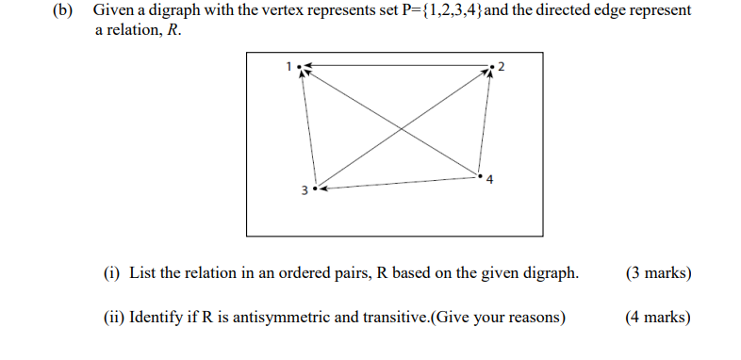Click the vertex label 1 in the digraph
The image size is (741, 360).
click(290, 64)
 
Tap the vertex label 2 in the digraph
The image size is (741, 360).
click(502, 66)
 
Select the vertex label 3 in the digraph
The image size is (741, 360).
click(304, 190)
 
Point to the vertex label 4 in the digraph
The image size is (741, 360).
click(489, 179)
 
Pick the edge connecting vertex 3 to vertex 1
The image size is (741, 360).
click(307, 127)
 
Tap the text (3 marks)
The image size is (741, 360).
click(657, 273)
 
